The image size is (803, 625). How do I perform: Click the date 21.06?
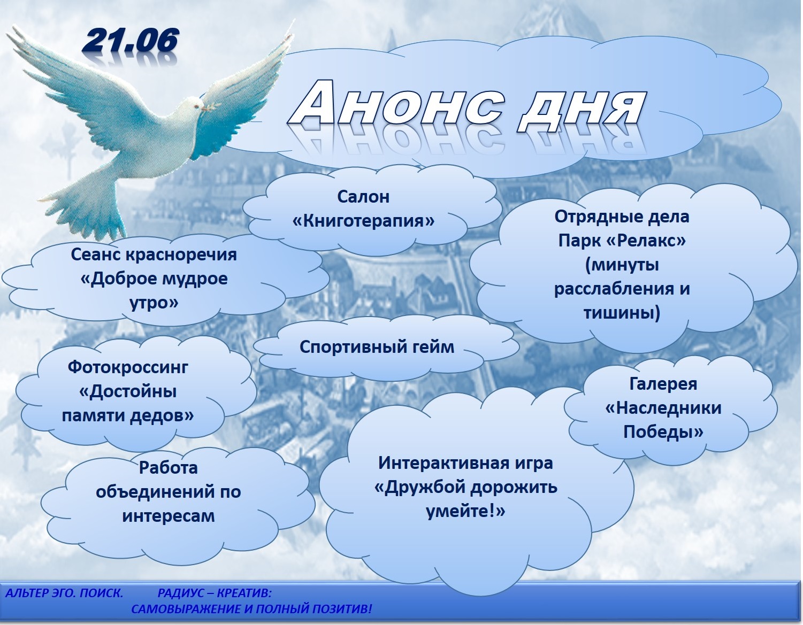130,41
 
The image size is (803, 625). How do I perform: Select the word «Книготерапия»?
364,221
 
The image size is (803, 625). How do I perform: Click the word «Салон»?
363,197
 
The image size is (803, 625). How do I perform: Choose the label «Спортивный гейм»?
377,347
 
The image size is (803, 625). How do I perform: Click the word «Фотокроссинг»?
128,368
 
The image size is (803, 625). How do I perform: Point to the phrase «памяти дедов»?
128,415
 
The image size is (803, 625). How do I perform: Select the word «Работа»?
168,468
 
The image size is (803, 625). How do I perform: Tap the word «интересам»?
169,516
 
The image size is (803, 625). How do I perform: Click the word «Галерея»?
663,384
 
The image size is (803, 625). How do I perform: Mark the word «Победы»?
663,433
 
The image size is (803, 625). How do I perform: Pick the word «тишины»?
622,313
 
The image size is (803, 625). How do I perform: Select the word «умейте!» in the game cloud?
465,512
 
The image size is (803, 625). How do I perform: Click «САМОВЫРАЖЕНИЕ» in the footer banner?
187,609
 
